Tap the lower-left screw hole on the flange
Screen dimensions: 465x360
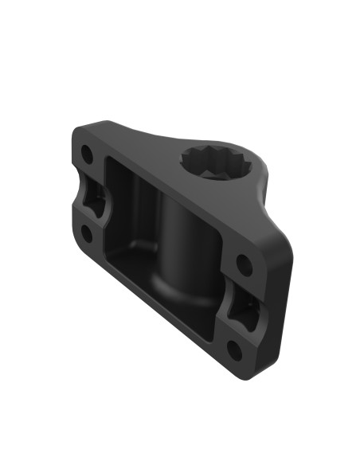pyautogui.click(x=84, y=232)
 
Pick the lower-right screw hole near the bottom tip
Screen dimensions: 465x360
pyautogui.click(x=233, y=349)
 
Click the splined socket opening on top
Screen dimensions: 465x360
pyautogui.click(x=217, y=163)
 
